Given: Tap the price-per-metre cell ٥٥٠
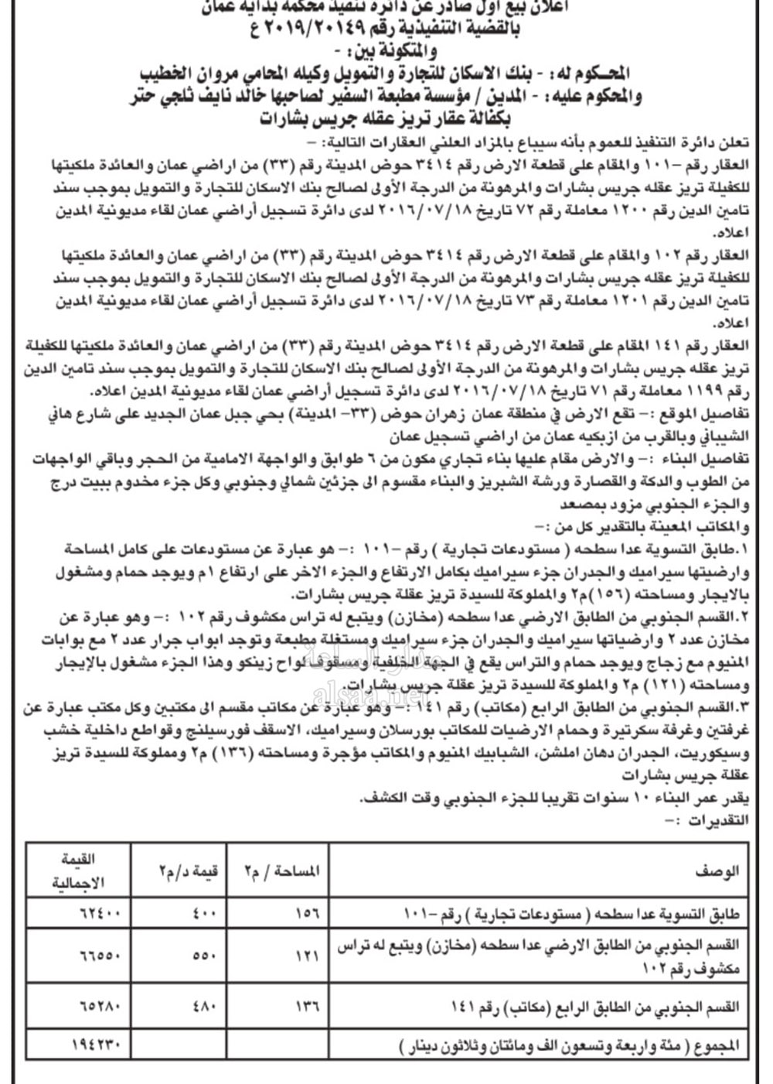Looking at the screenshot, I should click(204, 956).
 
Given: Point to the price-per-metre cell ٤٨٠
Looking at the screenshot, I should click(204, 1007).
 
